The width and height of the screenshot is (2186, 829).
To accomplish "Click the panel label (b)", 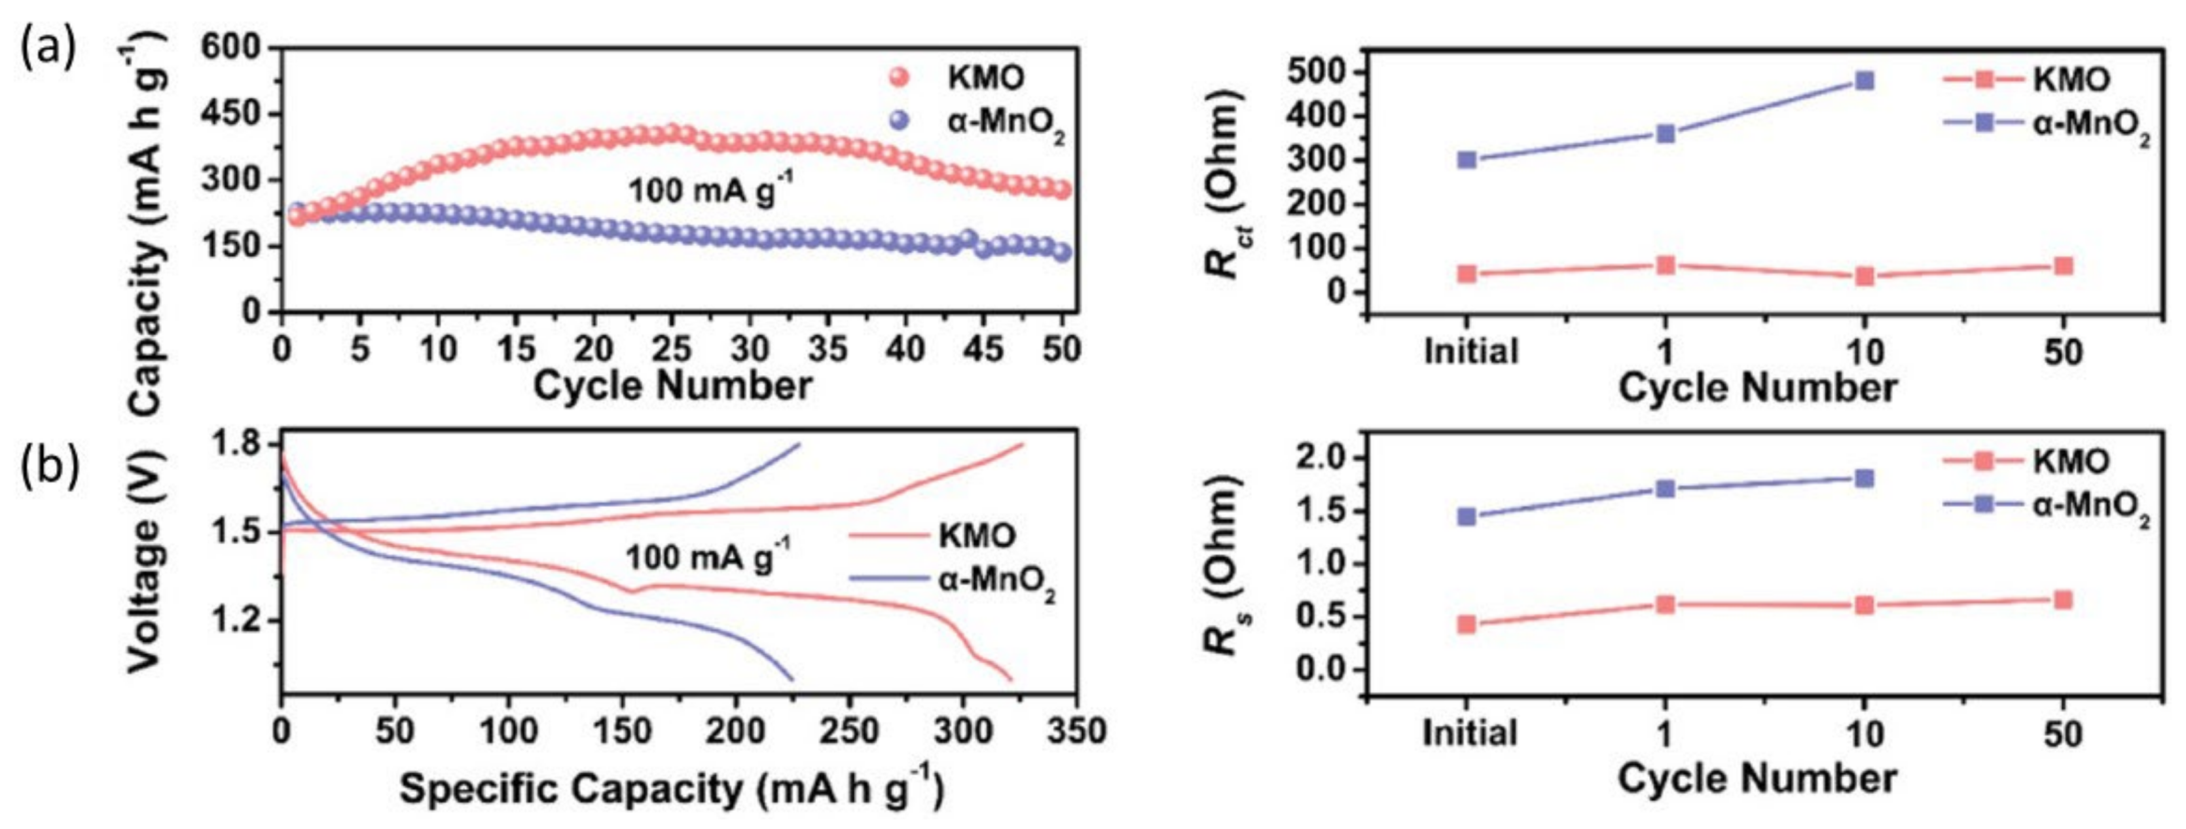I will click(x=50, y=467).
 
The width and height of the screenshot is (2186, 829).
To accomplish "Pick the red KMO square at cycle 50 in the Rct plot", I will click(x=2064, y=267).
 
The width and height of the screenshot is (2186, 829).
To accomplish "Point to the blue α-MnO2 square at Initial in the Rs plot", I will click(x=1466, y=516).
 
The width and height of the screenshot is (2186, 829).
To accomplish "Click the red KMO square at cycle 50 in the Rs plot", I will click(x=2063, y=600).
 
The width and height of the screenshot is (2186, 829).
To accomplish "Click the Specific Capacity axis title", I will click(x=670, y=789).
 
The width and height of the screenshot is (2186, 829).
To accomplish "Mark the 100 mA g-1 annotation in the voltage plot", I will click(x=708, y=557).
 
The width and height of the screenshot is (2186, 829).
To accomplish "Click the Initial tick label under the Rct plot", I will click(x=1470, y=350).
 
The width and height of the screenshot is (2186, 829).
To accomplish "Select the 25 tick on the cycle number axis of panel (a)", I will click(x=672, y=349).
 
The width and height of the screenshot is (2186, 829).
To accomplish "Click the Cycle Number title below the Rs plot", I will click(x=1757, y=778).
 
